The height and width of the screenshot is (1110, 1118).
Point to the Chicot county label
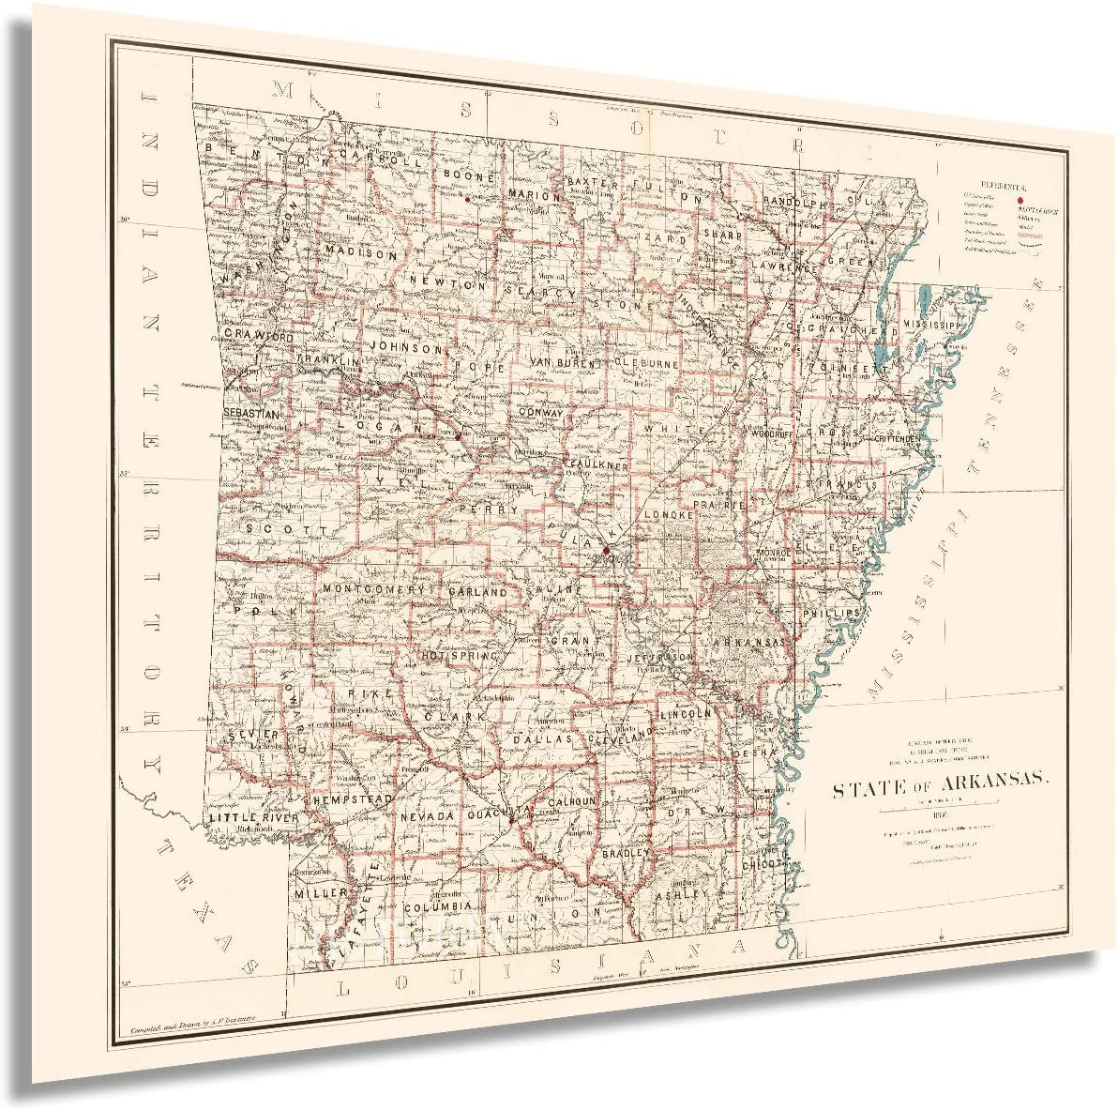762,861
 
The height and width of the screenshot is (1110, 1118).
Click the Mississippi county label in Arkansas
934,324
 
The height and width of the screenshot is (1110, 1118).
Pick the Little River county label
252,818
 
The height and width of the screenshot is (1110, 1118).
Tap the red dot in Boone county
467,199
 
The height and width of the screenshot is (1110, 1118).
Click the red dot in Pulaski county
606,549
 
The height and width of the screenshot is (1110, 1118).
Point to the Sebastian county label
251,413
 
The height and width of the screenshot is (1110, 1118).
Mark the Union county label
552,912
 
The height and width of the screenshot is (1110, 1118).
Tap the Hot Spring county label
460,657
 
